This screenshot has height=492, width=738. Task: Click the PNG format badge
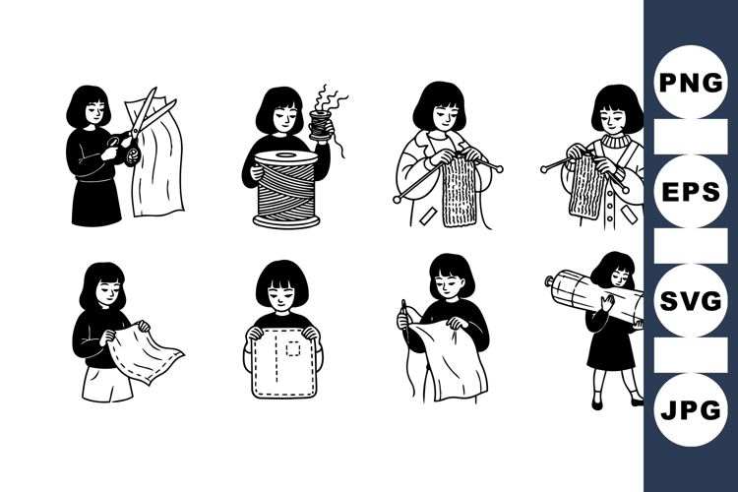click(x=691, y=82)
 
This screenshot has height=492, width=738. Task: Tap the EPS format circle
click(x=691, y=191)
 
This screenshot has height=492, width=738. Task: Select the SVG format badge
click(x=691, y=300)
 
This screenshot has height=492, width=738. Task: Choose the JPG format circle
click(x=691, y=409)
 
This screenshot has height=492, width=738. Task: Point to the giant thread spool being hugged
click(x=286, y=189)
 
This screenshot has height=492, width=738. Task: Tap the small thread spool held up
click(x=321, y=125)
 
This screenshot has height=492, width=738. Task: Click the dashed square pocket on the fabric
click(x=293, y=348)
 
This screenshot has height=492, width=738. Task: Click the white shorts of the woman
click(x=106, y=384)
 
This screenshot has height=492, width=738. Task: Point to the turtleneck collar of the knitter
click(x=617, y=140)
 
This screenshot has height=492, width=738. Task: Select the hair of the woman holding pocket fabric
click(x=282, y=282)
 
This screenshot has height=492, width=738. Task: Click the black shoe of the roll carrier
click(x=597, y=403)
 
